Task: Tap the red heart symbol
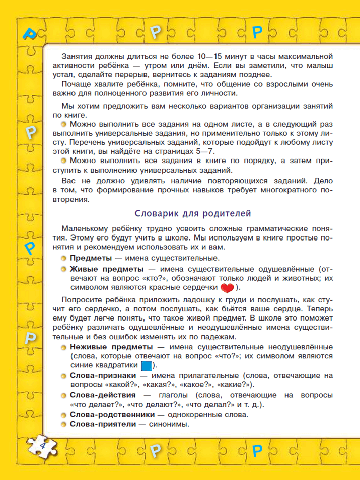228,288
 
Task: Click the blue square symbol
147,365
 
